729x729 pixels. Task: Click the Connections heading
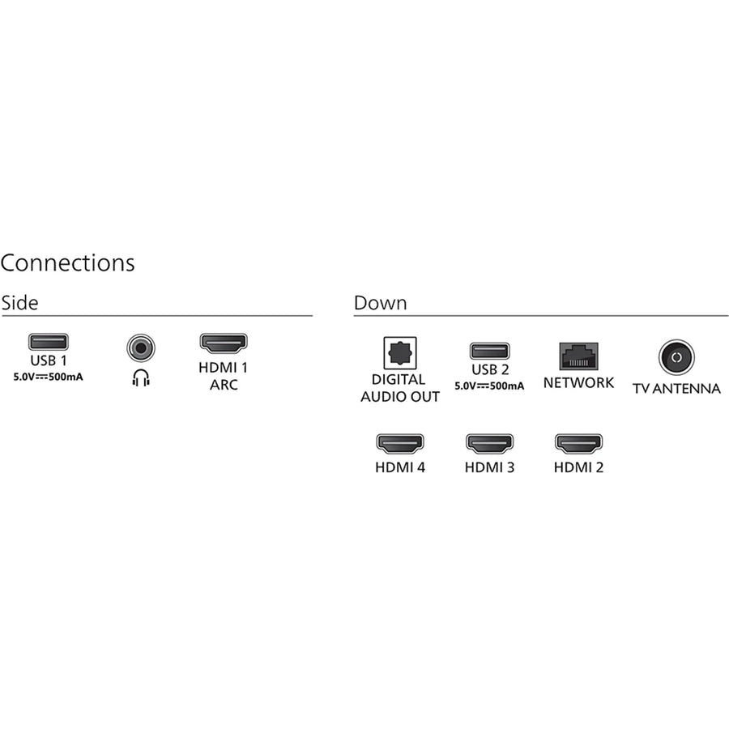[x=68, y=262]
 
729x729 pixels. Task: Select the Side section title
[x=19, y=303]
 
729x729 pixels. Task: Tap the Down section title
[x=381, y=303]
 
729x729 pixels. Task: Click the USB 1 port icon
[x=49, y=342]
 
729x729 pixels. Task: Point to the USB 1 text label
[x=49, y=360]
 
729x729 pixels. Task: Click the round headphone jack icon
[x=141, y=347]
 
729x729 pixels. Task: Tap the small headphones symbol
[x=141, y=378]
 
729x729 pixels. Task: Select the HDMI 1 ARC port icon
[x=224, y=343]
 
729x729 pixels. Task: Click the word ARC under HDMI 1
[x=224, y=385]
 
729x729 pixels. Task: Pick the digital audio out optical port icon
[x=400, y=353]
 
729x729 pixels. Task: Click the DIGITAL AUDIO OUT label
[x=400, y=388]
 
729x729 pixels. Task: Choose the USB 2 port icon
[x=489, y=351]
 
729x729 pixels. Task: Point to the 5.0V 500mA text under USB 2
[x=489, y=386]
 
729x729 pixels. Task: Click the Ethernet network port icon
[x=579, y=356]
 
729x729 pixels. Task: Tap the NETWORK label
[x=579, y=382]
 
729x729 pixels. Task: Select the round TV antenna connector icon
[x=676, y=357]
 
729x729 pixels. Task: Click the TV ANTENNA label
[x=676, y=388]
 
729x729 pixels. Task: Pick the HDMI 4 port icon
[x=400, y=444]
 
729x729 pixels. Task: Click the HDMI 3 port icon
[x=489, y=444]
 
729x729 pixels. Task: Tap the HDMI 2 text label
[x=579, y=467]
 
